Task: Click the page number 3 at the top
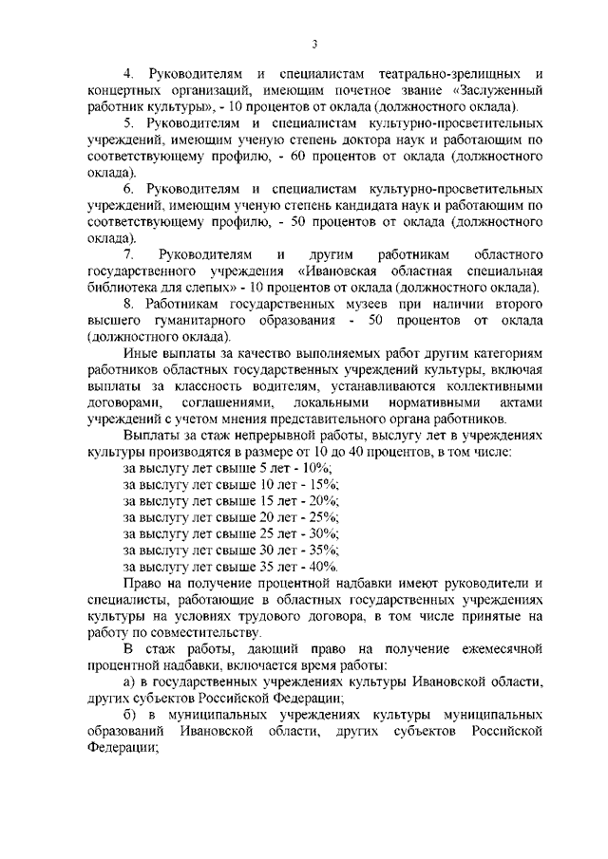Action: tap(313, 43)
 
